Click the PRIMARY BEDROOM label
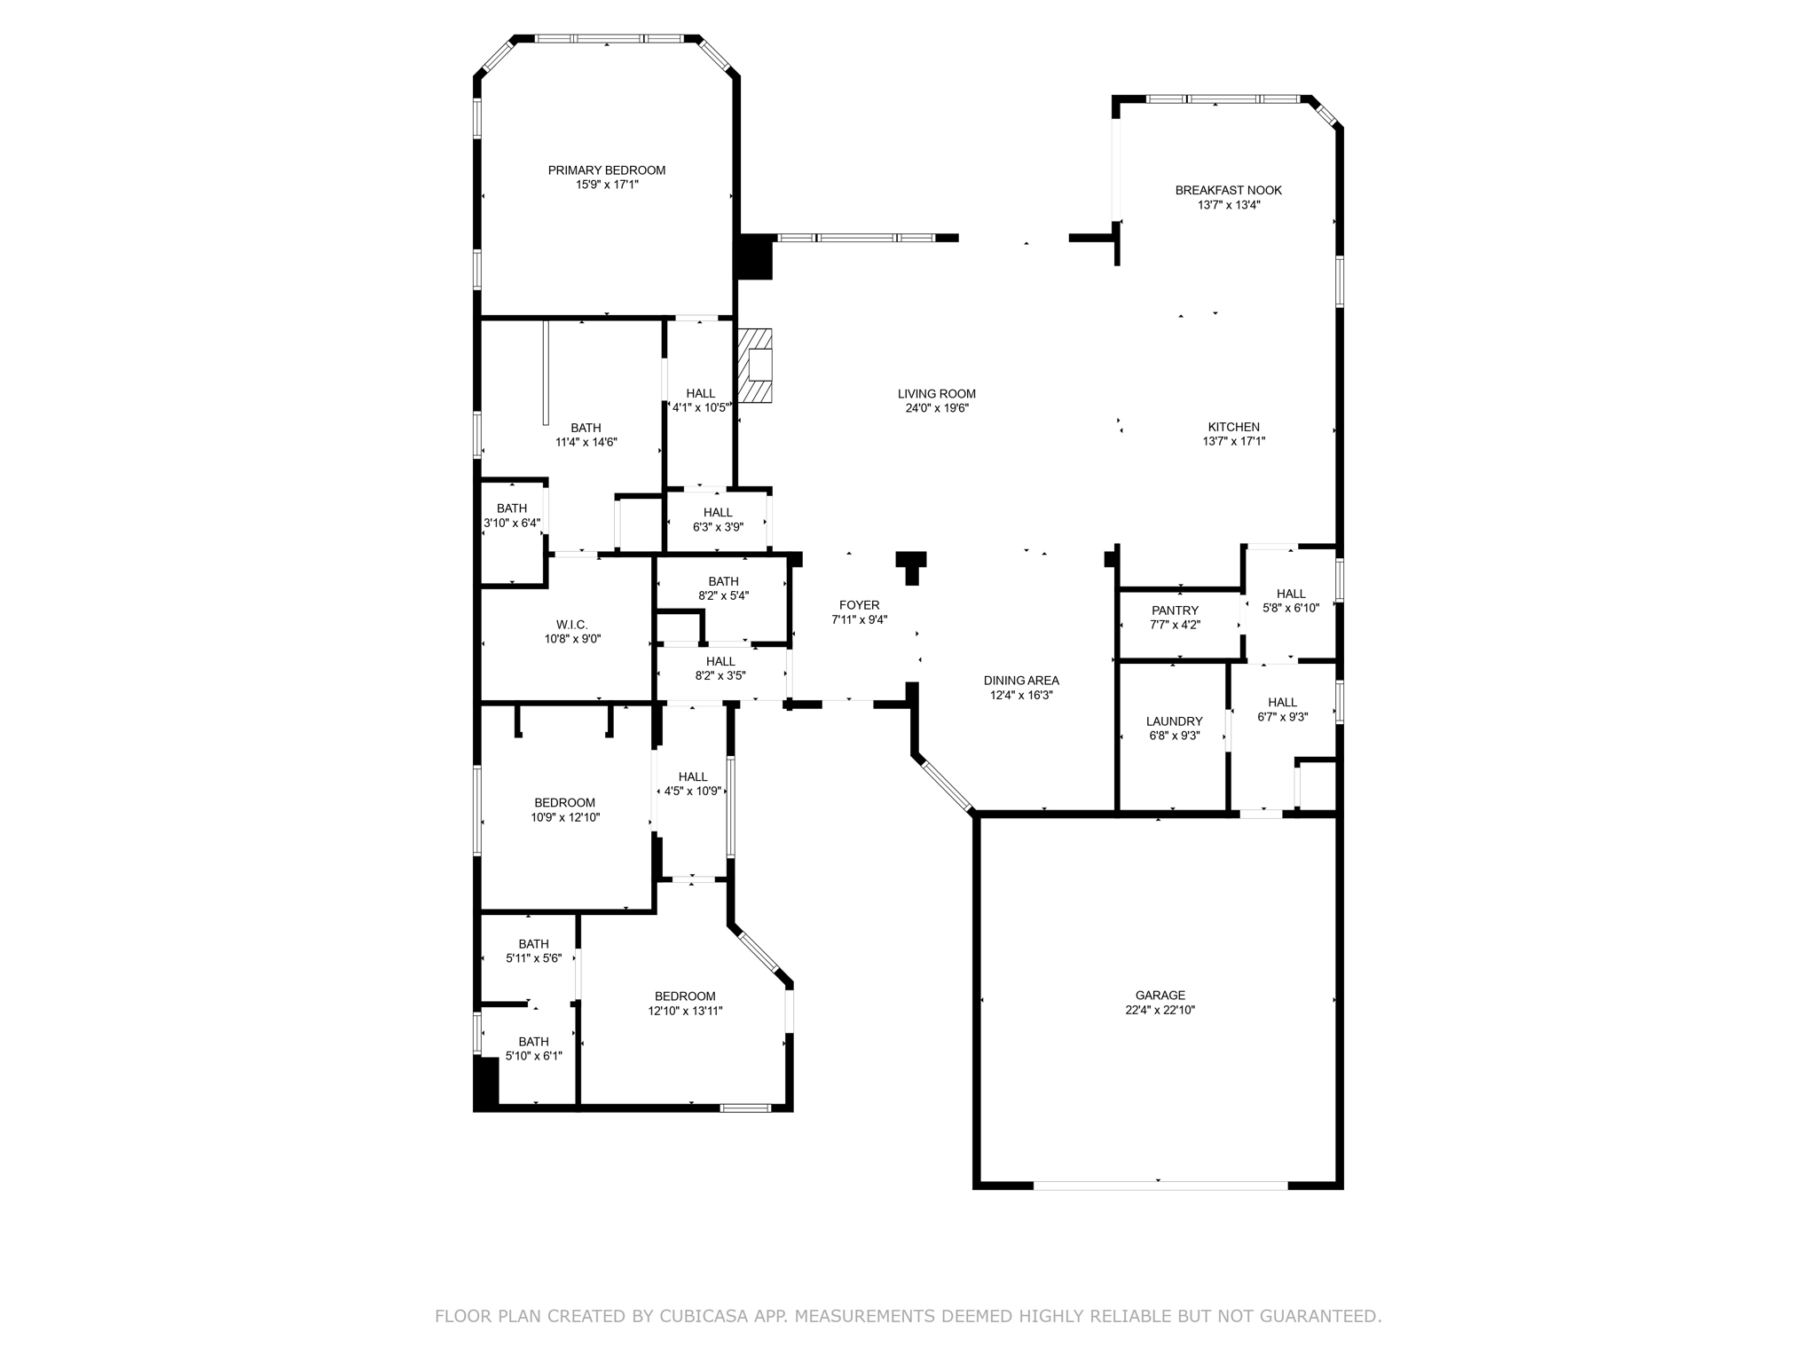pyautogui.click(x=607, y=170)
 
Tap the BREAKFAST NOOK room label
pyautogui.click(x=1229, y=190)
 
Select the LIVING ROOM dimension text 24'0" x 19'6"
pyautogui.click(x=937, y=408)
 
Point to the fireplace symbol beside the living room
pyautogui.click(x=756, y=366)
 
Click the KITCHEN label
pyautogui.click(x=1234, y=427)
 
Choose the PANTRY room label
pyautogui.click(x=1176, y=611)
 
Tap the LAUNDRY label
pyautogui.click(x=1175, y=721)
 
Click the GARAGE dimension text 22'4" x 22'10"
pyautogui.click(x=1160, y=1010)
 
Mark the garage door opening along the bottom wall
pyautogui.click(x=1160, y=1185)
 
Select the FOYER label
pyautogui.click(x=860, y=605)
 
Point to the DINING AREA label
pyautogui.click(x=1021, y=681)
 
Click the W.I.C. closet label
pyautogui.click(x=572, y=625)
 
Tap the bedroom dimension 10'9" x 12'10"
pyautogui.click(x=565, y=817)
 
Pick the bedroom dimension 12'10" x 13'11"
pyautogui.click(x=686, y=1011)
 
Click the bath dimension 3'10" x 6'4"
pyautogui.click(x=512, y=523)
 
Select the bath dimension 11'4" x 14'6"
pyautogui.click(x=586, y=442)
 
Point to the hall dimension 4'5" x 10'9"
pyautogui.click(x=693, y=792)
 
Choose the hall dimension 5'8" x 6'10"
pyautogui.click(x=1291, y=608)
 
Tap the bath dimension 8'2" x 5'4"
pyautogui.click(x=724, y=595)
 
